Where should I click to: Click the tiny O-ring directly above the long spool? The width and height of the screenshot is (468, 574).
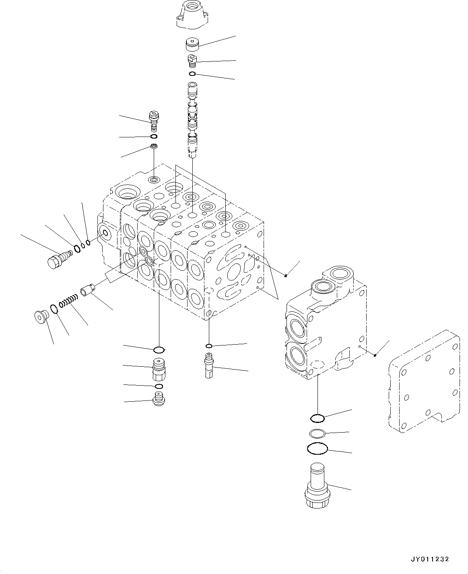pyautogui.click(x=192, y=74)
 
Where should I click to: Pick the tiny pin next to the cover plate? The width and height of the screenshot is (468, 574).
pyautogui.click(x=375, y=355)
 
